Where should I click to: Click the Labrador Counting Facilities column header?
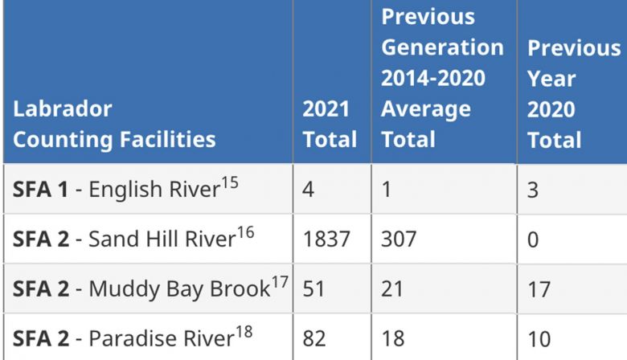[x=114, y=124]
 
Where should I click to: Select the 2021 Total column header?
[x=330, y=124]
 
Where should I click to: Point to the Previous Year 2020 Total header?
[x=573, y=93]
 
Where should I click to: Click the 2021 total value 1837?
[x=326, y=239]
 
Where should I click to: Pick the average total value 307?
[x=400, y=239]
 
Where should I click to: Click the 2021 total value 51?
[x=313, y=289]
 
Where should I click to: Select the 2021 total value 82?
[x=314, y=338]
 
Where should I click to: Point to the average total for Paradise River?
[x=393, y=338]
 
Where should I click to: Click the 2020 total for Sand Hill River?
[x=534, y=239]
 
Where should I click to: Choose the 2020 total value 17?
[x=539, y=289]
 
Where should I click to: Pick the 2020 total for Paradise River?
[x=539, y=338]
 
